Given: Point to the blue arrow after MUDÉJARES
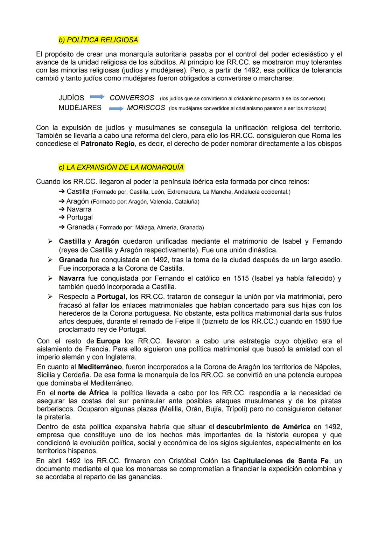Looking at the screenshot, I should pyautogui.click(x=116, y=108).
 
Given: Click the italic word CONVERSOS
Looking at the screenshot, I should pyautogui.click(x=132, y=98).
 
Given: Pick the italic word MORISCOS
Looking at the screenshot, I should pyautogui.click(x=146, y=108).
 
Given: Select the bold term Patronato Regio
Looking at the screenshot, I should pyautogui.click(x=107, y=144).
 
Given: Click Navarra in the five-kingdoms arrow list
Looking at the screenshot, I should pyautogui.click(x=79, y=209).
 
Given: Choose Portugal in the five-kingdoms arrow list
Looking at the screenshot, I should pyautogui.click(x=79, y=217).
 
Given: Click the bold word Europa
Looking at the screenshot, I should pyautogui.click(x=108, y=341).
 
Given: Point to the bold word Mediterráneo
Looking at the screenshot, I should pyautogui.click(x=100, y=367).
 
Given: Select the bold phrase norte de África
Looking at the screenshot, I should pyautogui.click(x=83, y=393).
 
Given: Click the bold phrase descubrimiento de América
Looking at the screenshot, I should pyautogui.click(x=263, y=427).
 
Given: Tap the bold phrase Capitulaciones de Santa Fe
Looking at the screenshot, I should pyautogui.click(x=281, y=461).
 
